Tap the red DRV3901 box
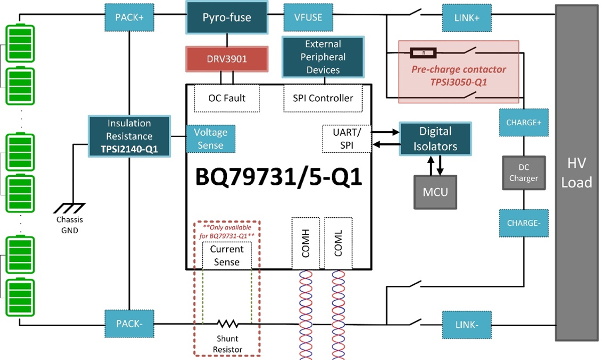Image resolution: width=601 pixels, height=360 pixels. click(x=227, y=59)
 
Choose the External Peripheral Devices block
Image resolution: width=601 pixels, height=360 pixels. click(x=323, y=57)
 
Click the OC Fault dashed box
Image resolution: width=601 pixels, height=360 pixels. click(x=227, y=98)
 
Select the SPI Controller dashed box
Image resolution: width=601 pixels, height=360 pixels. click(x=323, y=98)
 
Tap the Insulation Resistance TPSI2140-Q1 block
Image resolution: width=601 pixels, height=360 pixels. click(x=129, y=136)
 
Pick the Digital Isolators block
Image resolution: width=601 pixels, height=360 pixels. click(x=435, y=139)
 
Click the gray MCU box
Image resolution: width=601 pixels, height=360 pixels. click(x=435, y=191)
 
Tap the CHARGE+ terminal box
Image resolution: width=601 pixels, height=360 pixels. click(x=523, y=122)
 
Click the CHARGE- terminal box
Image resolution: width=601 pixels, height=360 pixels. click(x=523, y=223)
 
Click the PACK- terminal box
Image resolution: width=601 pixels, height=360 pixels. click(x=129, y=324)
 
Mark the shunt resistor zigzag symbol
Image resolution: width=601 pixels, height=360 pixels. click(x=227, y=324)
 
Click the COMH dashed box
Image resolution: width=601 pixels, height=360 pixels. click(x=306, y=243)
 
